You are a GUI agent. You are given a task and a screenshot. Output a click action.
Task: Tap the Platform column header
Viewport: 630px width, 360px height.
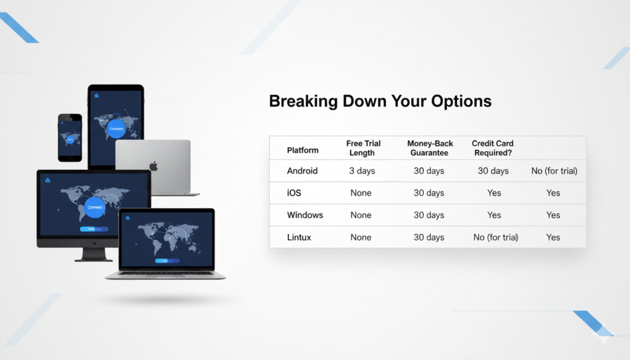(x=303, y=150)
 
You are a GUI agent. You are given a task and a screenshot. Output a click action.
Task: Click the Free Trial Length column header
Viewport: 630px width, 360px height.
(x=363, y=148)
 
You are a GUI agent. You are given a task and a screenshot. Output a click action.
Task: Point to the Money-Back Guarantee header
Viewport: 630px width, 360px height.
(x=429, y=148)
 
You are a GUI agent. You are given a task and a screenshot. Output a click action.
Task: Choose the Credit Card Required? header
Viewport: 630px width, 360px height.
(x=493, y=148)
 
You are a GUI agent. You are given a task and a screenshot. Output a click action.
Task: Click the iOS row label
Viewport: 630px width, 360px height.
(x=294, y=193)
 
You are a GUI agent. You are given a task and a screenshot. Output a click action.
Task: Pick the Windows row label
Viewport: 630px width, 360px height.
(x=305, y=215)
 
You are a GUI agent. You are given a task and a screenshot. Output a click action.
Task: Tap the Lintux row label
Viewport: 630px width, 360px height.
(x=300, y=237)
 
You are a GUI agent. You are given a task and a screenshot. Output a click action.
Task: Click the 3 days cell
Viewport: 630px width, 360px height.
(x=362, y=170)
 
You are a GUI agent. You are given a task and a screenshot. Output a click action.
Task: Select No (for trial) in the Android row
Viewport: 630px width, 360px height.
(x=554, y=170)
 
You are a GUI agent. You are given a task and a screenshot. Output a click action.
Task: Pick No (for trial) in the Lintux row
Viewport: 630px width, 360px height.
(x=496, y=237)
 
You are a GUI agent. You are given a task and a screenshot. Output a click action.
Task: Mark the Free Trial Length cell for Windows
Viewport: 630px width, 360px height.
(x=361, y=215)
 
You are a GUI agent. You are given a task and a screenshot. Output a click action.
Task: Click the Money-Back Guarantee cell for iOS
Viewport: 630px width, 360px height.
(x=429, y=193)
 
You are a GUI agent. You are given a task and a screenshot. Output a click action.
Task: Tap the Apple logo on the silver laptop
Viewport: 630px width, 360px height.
(x=154, y=166)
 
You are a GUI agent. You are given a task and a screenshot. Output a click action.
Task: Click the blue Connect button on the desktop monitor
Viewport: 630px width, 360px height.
(x=95, y=207)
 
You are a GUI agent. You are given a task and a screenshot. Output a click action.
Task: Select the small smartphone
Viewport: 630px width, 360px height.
(x=70, y=137)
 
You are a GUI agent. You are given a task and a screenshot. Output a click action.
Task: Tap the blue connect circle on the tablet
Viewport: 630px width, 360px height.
(x=116, y=129)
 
